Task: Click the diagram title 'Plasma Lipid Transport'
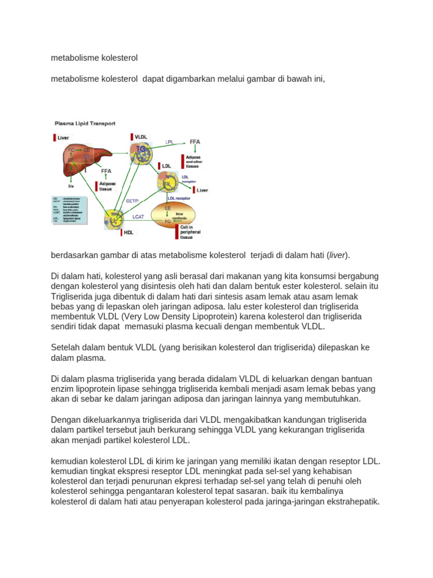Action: coord(85,123)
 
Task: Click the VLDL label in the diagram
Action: coord(141,137)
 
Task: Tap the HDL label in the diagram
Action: coord(129,231)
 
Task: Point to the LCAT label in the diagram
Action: coord(139,216)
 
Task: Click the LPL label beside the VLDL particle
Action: coord(170,142)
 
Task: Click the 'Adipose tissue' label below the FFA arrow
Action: coord(107,187)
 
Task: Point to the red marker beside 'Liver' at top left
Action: coord(55,137)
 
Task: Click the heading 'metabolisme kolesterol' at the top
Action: coord(94,58)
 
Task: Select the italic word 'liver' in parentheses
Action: coord(338,255)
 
